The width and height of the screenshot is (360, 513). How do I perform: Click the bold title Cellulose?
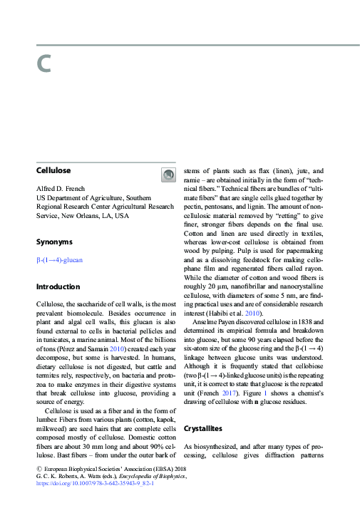click(x=53, y=171)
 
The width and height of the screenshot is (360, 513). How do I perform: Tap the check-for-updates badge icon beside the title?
click(x=168, y=175)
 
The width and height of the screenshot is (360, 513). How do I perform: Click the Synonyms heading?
click(x=54, y=242)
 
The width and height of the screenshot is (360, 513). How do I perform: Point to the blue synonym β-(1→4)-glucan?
click(x=59, y=260)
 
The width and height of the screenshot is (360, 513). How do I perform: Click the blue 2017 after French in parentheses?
click(x=248, y=392)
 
